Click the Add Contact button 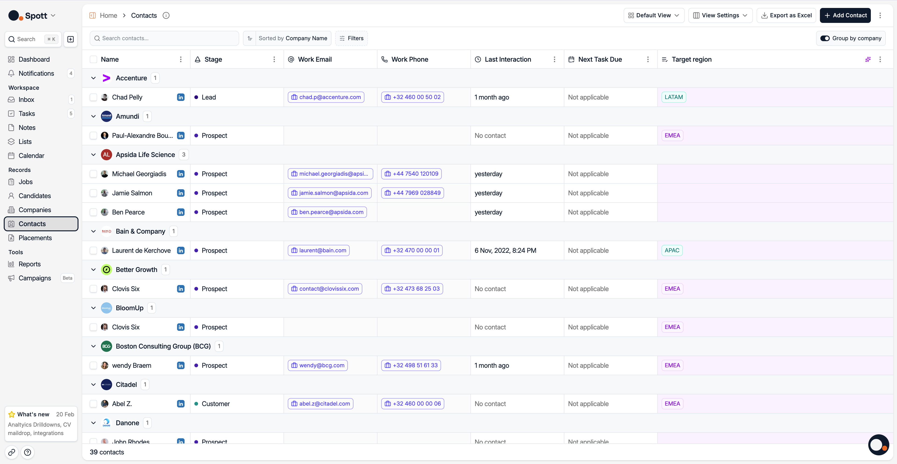pos(845,15)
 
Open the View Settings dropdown pos(720,15)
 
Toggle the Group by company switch pos(825,38)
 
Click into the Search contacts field pos(164,38)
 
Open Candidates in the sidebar pos(35,196)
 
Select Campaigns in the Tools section pos(35,278)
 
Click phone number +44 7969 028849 pos(412,193)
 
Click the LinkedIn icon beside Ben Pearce pos(181,212)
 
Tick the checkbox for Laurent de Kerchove pos(93,250)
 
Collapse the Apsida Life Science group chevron pos(93,155)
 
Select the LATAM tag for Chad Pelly pos(673,97)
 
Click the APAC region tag pos(672,250)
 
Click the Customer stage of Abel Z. pos(216,404)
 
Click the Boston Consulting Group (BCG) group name pos(163,346)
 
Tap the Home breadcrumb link pos(108,15)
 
